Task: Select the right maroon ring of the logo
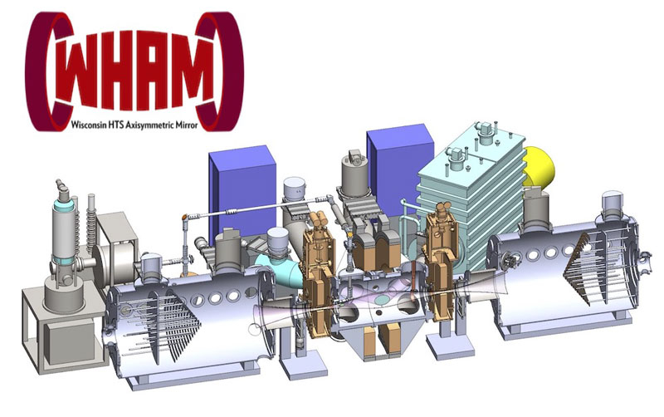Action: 223,72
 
